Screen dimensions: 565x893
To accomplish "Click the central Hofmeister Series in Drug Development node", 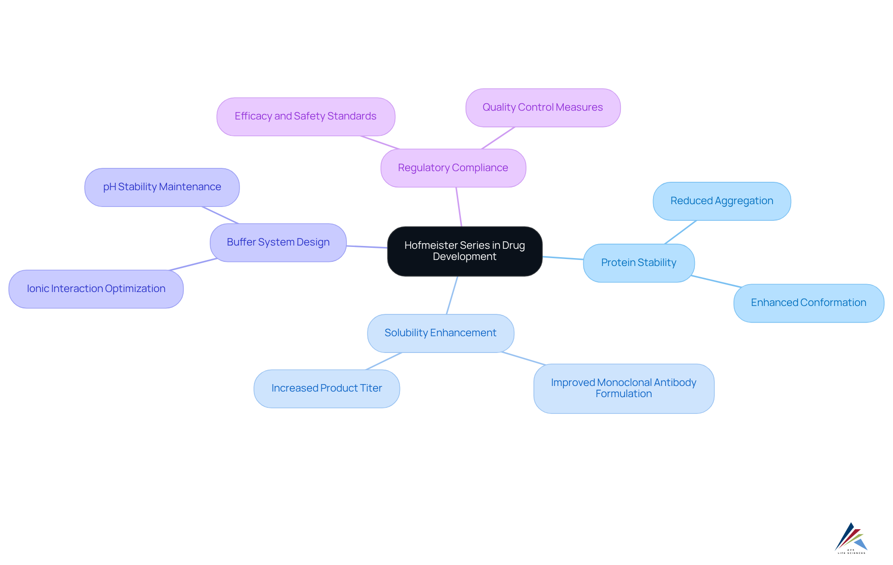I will (x=464, y=251).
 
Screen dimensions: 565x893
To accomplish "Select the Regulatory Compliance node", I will (x=453, y=168).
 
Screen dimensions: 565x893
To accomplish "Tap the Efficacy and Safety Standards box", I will (x=306, y=116).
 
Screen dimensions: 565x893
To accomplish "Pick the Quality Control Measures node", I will (x=542, y=107).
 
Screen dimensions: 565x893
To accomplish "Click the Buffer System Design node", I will (x=278, y=242).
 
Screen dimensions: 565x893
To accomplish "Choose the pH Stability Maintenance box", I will (x=162, y=187).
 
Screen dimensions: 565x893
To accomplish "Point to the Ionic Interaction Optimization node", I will (x=96, y=289).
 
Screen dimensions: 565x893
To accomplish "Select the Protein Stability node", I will (x=638, y=263).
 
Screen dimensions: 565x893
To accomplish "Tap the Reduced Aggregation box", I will (x=721, y=201).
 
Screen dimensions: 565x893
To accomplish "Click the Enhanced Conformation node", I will (x=808, y=303).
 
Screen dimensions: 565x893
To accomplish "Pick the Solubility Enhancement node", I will (x=440, y=333).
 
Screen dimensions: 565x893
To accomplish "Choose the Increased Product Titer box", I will (x=327, y=388).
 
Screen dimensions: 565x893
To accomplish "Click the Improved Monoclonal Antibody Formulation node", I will (x=623, y=388).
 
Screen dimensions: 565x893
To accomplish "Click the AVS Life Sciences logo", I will (x=851, y=538).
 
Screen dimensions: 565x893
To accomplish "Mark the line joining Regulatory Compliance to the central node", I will (x=459, y=207).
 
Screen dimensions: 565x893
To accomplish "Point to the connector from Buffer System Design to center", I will (x=367, y=247).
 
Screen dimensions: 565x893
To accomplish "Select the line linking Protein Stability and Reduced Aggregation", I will (x=680, y=232).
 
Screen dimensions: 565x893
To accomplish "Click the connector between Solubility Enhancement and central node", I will (x=452, y=295).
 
